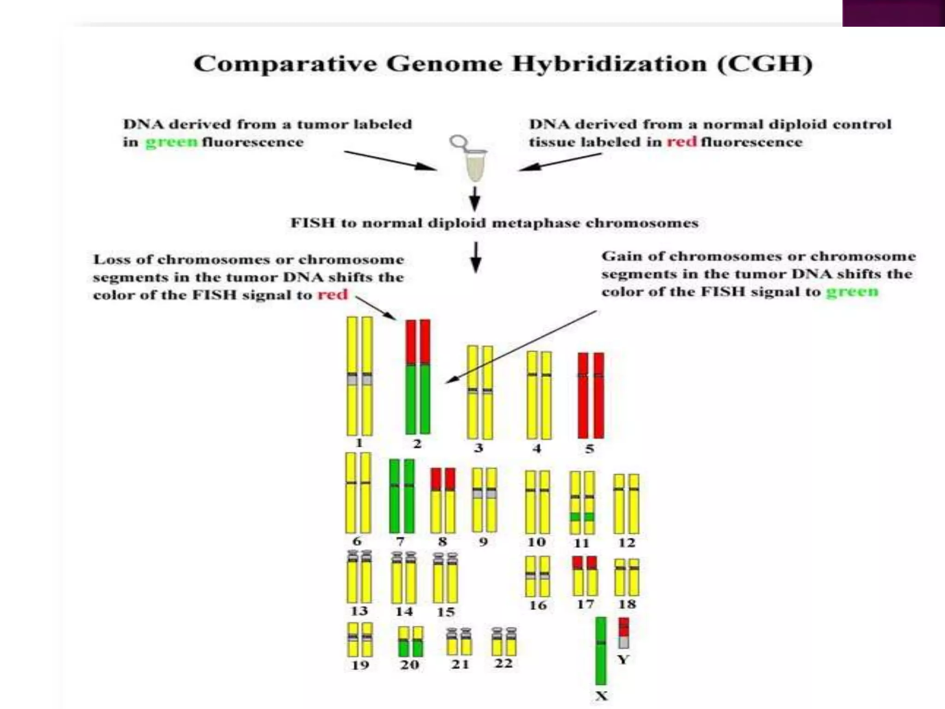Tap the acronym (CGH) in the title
coord(764,64)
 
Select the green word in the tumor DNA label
coord(171,142)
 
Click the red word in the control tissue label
coord(682,142)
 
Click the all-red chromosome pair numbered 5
coord(591,395)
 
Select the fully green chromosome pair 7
coord(401,496)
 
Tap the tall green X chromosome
coord(601,651)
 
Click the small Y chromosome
coord(623,632)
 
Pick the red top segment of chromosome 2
coord(418,342)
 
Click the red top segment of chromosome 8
coord(443,479)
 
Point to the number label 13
coord(359,611)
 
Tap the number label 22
coord(503,663)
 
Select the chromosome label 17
coord(586,604)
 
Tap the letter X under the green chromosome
coord(601,696)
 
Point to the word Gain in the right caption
coord(618,257)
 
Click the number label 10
coord(536,542)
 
